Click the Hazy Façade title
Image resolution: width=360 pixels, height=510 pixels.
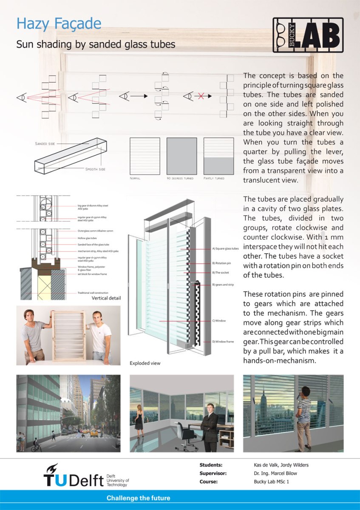59,23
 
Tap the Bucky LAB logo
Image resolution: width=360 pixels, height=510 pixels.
308,35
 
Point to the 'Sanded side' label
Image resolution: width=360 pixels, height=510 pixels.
45,144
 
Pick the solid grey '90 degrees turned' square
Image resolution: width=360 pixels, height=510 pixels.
181,156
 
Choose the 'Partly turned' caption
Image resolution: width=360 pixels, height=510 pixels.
214,178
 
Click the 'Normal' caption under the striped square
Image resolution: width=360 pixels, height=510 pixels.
135,178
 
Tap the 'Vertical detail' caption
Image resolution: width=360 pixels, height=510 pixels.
106,298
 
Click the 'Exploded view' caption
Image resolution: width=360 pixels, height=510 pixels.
145,364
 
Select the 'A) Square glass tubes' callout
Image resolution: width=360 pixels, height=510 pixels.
225,248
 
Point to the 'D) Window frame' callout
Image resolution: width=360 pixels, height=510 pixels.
223,342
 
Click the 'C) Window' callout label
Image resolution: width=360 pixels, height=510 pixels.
219,321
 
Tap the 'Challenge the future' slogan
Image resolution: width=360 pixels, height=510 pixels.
138,498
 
